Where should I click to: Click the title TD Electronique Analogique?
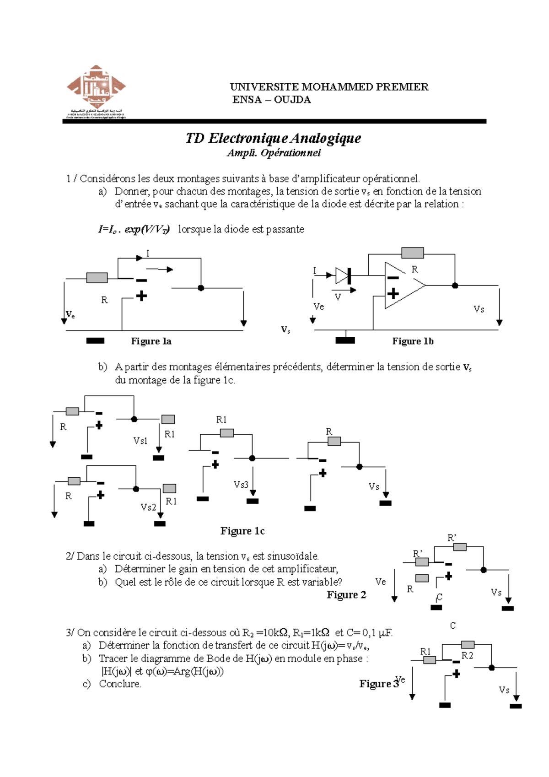(273, 138)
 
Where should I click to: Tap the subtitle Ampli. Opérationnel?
(274, 153)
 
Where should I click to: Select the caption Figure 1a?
(151, 341)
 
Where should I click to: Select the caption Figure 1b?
(413, 341)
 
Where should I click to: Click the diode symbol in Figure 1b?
(343, 275)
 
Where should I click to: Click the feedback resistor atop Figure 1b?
(412, 253)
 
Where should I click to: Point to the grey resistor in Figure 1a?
(97, 278)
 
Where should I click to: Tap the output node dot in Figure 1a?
(200, 288)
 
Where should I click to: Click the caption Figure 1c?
(242, 531)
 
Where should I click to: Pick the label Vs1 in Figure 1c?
(140, 441)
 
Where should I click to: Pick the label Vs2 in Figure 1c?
(148, 507)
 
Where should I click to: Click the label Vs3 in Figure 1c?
(241, 485)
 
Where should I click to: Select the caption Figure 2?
(346, 595)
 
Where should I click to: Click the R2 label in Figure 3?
(467, 656)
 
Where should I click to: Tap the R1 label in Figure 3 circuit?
(425, 651)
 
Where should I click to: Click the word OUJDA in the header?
(292, 100)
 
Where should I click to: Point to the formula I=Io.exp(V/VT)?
(134, 229)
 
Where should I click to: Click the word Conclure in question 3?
(120, 684)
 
